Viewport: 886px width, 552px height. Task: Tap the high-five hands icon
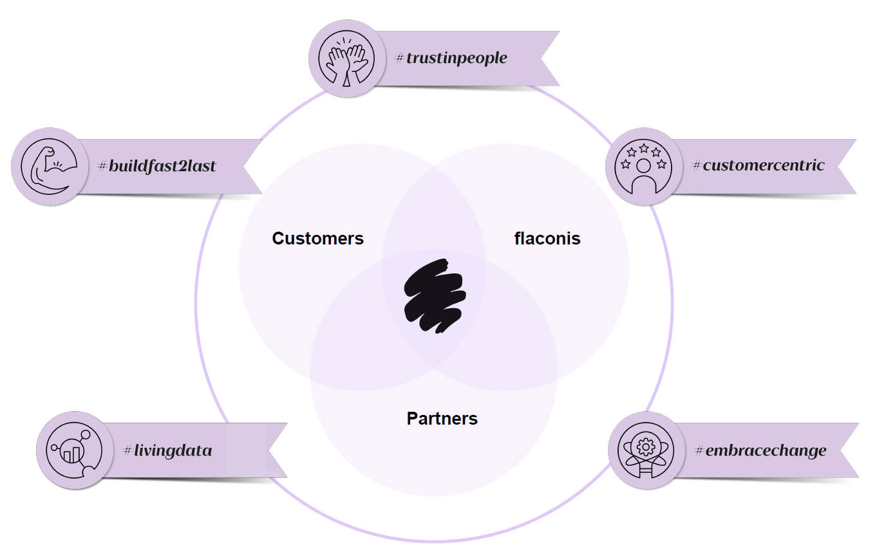point(347,59)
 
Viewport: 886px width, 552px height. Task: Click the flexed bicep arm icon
point(50,167)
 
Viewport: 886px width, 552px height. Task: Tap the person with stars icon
point(643,166)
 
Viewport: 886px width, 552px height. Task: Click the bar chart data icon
point(74,450)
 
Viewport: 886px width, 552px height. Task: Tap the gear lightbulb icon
point(646,450)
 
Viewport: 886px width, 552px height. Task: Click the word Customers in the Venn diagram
point(317,239)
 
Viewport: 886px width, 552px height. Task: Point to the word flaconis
point(547,239)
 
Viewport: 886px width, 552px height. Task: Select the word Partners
point(442,419)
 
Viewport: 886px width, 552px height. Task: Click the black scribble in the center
point(435,297)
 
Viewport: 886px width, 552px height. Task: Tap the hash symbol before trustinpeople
point(400,59)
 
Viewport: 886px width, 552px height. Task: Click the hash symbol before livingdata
point(127,451)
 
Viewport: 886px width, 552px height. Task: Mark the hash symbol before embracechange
point(700,450)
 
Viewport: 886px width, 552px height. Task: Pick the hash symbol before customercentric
point(697,166)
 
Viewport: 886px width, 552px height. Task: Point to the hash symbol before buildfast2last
point(102,167)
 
